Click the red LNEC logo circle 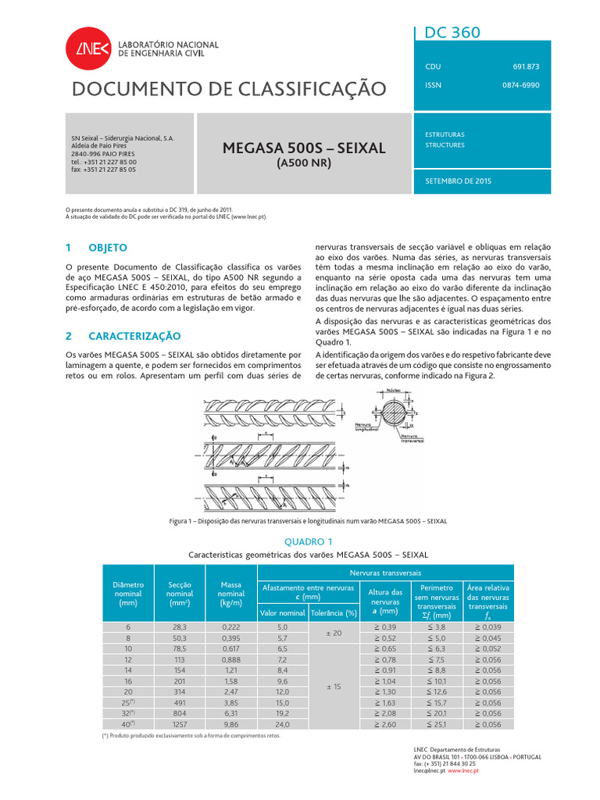click(x=84, y=50)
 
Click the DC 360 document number click(x=452, y=32)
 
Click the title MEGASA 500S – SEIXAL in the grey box click(x=305, y=148)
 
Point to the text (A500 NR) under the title click(x=305, y=163)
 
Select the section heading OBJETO click(x=107, y=247)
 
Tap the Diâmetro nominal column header click(x=128, y=594)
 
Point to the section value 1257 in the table click(x=179, y=724)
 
